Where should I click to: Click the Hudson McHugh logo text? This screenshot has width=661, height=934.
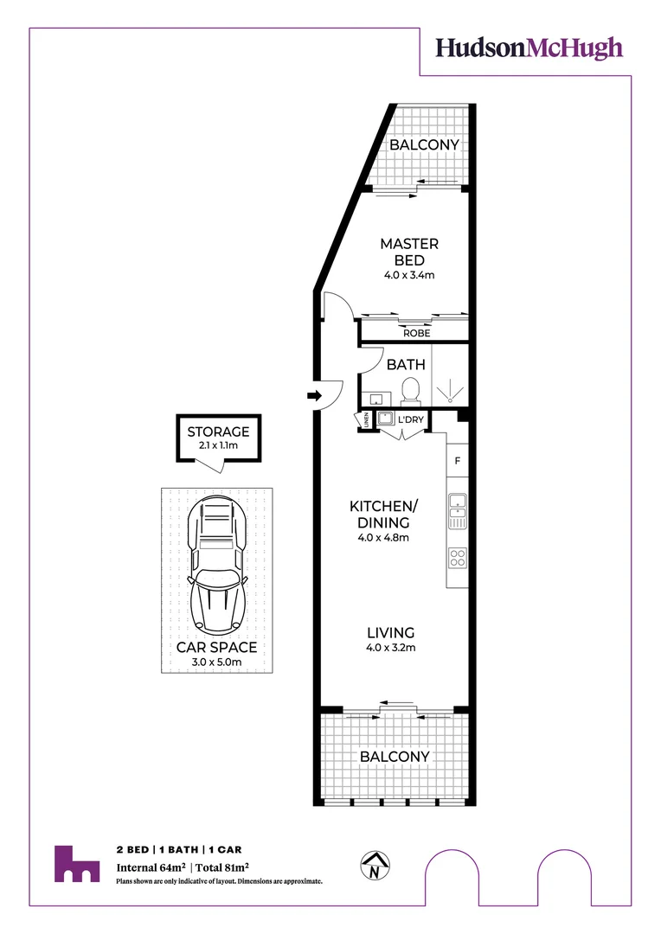(529, 48)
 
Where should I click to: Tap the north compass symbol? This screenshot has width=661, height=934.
(375, 866)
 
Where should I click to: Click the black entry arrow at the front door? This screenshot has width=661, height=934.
(312, 396)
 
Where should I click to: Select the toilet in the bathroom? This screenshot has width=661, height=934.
(412, 390)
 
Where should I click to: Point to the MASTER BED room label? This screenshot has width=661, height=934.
(409, 252)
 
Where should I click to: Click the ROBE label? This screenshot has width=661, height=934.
(416, 333)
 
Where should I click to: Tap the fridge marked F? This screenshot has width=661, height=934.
(457, 461)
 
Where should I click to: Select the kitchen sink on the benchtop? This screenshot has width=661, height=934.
(457, 510)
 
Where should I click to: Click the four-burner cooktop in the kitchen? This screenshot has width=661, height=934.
(457, 558)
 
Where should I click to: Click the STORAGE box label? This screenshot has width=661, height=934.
(218, 432)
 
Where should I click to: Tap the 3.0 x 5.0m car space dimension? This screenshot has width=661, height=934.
(216, 664)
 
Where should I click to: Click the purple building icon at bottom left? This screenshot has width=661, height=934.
(76, 864)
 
